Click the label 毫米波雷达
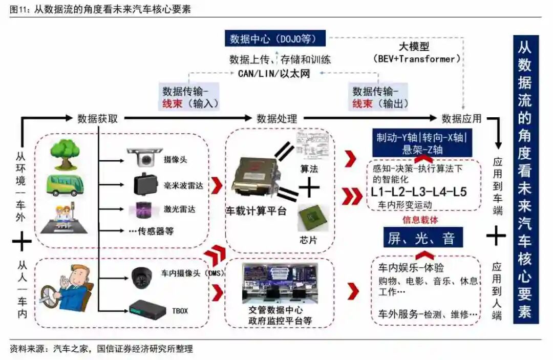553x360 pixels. pos(183,185)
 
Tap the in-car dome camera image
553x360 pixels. pos(142,277)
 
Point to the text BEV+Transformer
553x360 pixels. pos(414,59)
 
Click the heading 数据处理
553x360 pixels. pos(277,119)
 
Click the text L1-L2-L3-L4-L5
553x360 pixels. pos(419,193)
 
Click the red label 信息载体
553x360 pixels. pos(421,221)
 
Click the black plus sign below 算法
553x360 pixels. pos(309,187)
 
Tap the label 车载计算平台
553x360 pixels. pos(256,211)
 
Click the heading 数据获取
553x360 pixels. pos(98,119)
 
